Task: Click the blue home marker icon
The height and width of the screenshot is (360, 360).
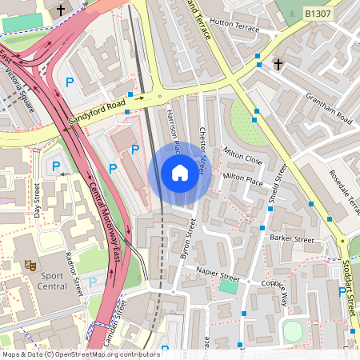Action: point(180,173)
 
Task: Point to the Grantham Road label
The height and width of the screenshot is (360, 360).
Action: point(329,107)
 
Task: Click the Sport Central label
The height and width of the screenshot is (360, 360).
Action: point(52,280)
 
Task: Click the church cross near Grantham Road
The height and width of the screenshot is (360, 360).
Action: point(278,63)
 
